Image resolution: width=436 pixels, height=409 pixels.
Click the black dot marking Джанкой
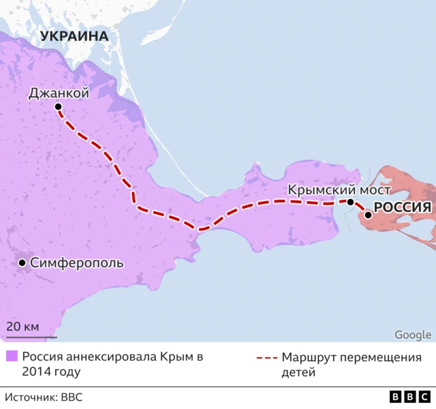(58, 107)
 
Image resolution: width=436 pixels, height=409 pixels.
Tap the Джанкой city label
(59, 93)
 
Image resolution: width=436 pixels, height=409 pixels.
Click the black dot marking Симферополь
(22, 262)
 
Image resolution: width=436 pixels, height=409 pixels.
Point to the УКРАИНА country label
(74, 35)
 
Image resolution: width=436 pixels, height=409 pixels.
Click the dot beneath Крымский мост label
(350, 202)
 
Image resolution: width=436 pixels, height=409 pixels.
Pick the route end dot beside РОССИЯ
(368, 215)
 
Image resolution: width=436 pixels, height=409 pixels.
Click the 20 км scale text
(22, 326)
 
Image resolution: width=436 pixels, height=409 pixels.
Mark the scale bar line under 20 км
(31, 336)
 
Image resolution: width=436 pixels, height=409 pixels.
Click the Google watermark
(412, 334)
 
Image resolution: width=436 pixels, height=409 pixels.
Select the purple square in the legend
(11, 357)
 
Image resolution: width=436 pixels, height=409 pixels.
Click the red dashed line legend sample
(266, 358)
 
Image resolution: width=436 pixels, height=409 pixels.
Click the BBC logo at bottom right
(409, 397)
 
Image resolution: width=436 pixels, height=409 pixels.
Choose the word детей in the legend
(298, 372)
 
